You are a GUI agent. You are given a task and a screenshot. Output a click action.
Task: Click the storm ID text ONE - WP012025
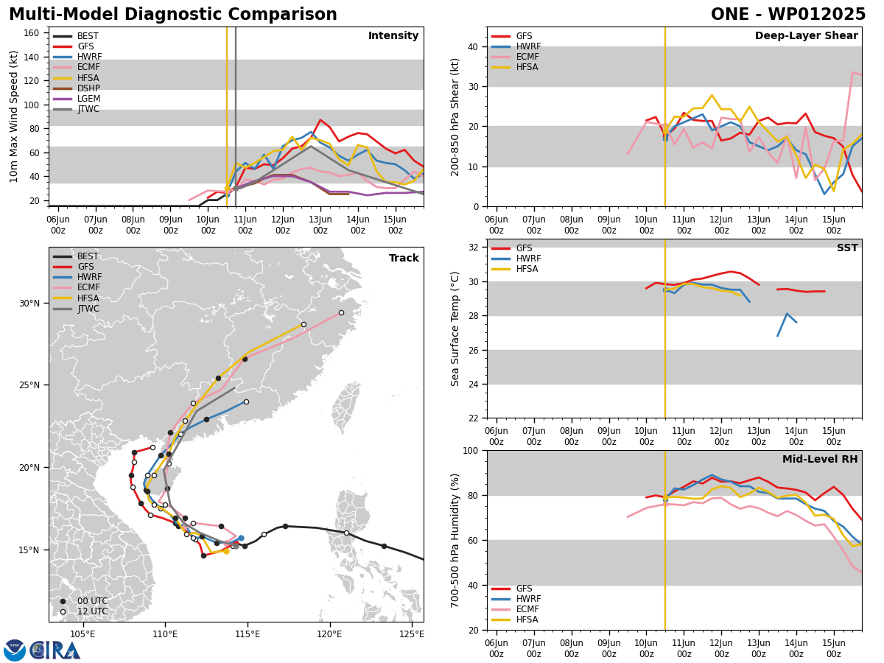pyautogui.click(x=787, y=14)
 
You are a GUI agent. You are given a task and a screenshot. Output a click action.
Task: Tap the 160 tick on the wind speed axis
pyautogui.click(x=31, y=33)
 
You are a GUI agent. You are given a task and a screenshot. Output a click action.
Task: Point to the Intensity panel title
pyautogui.click(x=393, y=36)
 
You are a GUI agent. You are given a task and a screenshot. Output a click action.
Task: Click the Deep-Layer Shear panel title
pyautogui.click(x=806, y=36)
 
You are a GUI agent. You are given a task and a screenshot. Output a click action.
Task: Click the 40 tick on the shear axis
pyautogui.click(x=473, y=47)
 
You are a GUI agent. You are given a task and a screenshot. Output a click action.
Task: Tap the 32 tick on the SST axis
pyautogui.click(x=473, y=248)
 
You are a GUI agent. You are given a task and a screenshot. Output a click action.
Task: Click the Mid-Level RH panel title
pyautogui.click(x=820, y=459)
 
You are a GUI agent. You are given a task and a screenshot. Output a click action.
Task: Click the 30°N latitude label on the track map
pyautogui.click(x=29, y=303)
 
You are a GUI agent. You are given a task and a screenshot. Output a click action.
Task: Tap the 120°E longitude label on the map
pyautogui.click(x=330, y=634)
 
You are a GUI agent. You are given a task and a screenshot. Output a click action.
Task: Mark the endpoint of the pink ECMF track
pyautogui.click(x=341, y=313)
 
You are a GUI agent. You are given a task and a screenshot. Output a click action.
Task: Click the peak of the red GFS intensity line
pyautogui.click(x=320, y=119)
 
